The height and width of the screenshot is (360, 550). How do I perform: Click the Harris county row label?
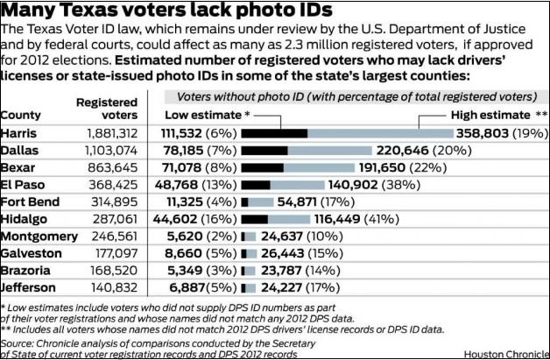(20, 133)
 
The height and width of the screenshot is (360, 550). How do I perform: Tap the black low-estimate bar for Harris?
(274, 133)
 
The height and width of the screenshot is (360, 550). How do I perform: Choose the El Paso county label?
(23, 185)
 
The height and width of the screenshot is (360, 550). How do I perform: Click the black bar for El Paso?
(256, 185)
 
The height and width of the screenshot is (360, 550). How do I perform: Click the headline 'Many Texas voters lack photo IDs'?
(167, 11)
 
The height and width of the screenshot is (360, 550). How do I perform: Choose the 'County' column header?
(22, 115)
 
